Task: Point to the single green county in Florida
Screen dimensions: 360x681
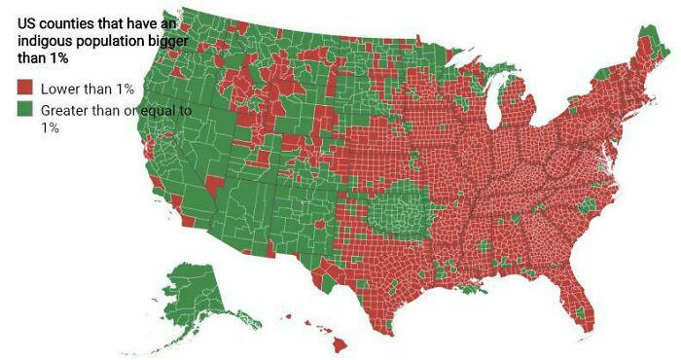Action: (x=585, y=312)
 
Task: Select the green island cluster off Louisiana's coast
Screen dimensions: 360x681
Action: (x=474, y=290)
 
